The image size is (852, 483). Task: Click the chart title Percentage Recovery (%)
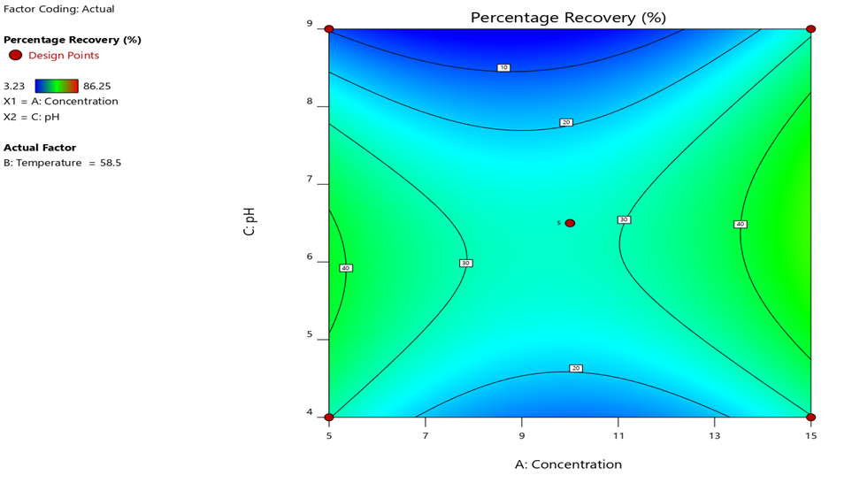[x=568, y=18]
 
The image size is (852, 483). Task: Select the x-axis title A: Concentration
[x=568, y=464]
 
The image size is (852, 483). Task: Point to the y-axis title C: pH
[x=249, y=221]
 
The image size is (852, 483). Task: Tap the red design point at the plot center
[x=570, y=223]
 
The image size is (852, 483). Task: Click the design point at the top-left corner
[x=329, y=29]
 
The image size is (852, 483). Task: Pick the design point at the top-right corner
[x=810, y=29]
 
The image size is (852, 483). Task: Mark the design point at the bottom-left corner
[x=329, y=417]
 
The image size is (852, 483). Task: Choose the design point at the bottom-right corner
[x=810, y=417]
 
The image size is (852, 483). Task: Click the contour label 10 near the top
[x=503, y=67]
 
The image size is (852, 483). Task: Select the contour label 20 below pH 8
[x=566, y=122]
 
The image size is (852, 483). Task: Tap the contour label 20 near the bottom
[x=575, y=368]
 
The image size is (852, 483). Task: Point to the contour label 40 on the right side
[x=740, y=224]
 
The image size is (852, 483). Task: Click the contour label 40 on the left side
[x=346, y=268]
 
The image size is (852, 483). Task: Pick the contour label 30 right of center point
[x=624, y=219]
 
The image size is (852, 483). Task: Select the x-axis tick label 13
[x=714, y=435]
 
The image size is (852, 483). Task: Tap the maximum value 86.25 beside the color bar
[x=96, y=86]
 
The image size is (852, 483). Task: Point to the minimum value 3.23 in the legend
[x=13, y=86]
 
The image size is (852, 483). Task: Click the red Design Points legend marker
[x=15, y=55]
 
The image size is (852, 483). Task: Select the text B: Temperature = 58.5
[x=62, y=163]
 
